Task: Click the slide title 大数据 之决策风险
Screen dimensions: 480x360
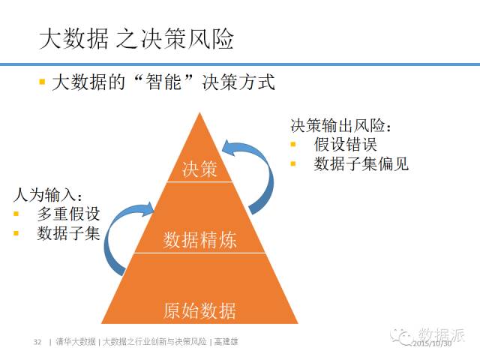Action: pyautogui.click(x=136, y=38)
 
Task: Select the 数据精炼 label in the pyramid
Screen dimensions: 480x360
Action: pyautogui.click(x=200, y=240)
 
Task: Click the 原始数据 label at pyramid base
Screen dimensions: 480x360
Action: pyautogui.click(x=199, y=309)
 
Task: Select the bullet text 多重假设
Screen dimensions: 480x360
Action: pyautogui.click(x=68, y=214)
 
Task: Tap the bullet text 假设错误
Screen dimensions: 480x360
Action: pyautogui.click(x=345, y=145)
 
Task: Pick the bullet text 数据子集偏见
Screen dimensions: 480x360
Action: pyautogui.click(x=361, y=163)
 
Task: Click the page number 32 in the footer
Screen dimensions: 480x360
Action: pyautogui.click(x=37, y=342)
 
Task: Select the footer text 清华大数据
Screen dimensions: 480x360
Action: pyautogui.click(x=76, y=342)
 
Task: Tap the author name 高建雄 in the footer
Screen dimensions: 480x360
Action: pyautogui.click(x=226, y=342)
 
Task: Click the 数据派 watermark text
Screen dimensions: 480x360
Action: pyautogui.click(x=442, y=334)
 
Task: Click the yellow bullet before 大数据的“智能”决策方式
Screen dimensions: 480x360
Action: pyautogui.click(x=43, y=81)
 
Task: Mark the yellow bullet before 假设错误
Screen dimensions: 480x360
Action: pyautogui.click(x=293, y=145)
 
